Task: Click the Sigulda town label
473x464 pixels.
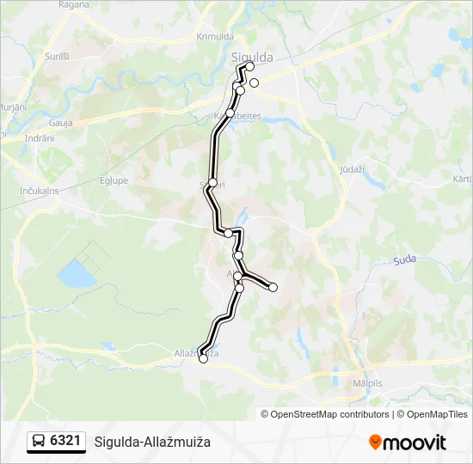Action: tap(253, 58)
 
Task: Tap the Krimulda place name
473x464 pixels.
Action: tap(214, 37)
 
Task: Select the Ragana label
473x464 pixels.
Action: tap(74, 4)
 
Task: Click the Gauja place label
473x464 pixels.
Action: tap(60, 122)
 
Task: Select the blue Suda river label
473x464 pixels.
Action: tap(403, 259)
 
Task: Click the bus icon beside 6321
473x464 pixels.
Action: tap(40, 442)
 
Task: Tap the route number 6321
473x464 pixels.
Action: tap(66, 442)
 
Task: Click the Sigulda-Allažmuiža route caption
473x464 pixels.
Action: tap(152, 442)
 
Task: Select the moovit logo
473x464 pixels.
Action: tap(408, 443)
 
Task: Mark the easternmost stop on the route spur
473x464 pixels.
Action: tap(273, 287)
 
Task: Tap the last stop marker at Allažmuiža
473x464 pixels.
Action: tap(204, 359)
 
